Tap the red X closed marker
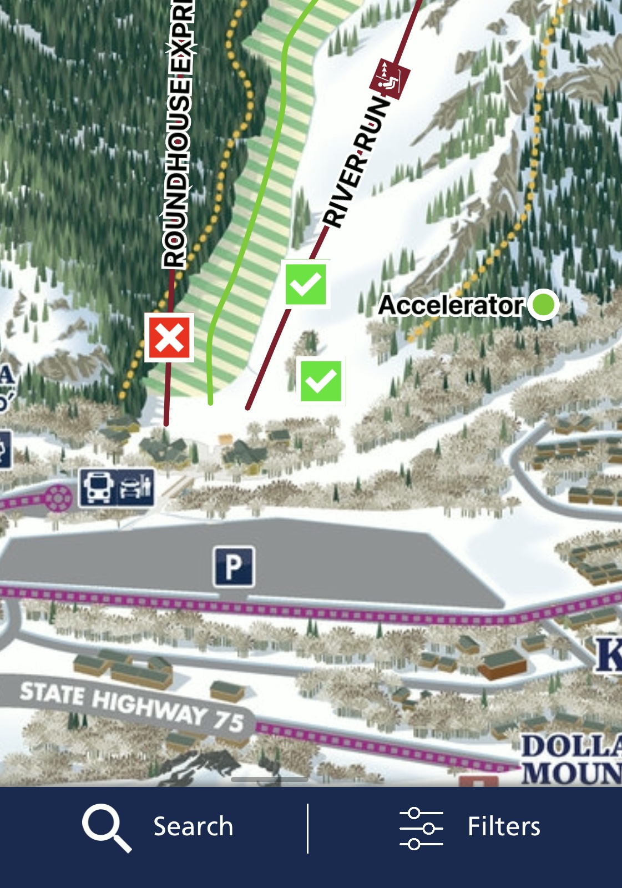click(169, 337)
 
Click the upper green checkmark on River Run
click(306, 284)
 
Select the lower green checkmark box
click(321, 381)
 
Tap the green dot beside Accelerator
click(543, 304)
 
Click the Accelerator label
click(451, 305)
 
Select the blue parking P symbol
click(234, 567)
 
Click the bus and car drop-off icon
click(117, 487)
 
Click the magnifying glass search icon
click(106, 827)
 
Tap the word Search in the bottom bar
click(193, 826)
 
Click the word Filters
click(503, 826)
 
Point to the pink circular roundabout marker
click(57, 498)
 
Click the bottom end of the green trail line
click(210, 401)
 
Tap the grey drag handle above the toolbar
click(270, 779)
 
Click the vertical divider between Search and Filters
click(307, 828)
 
